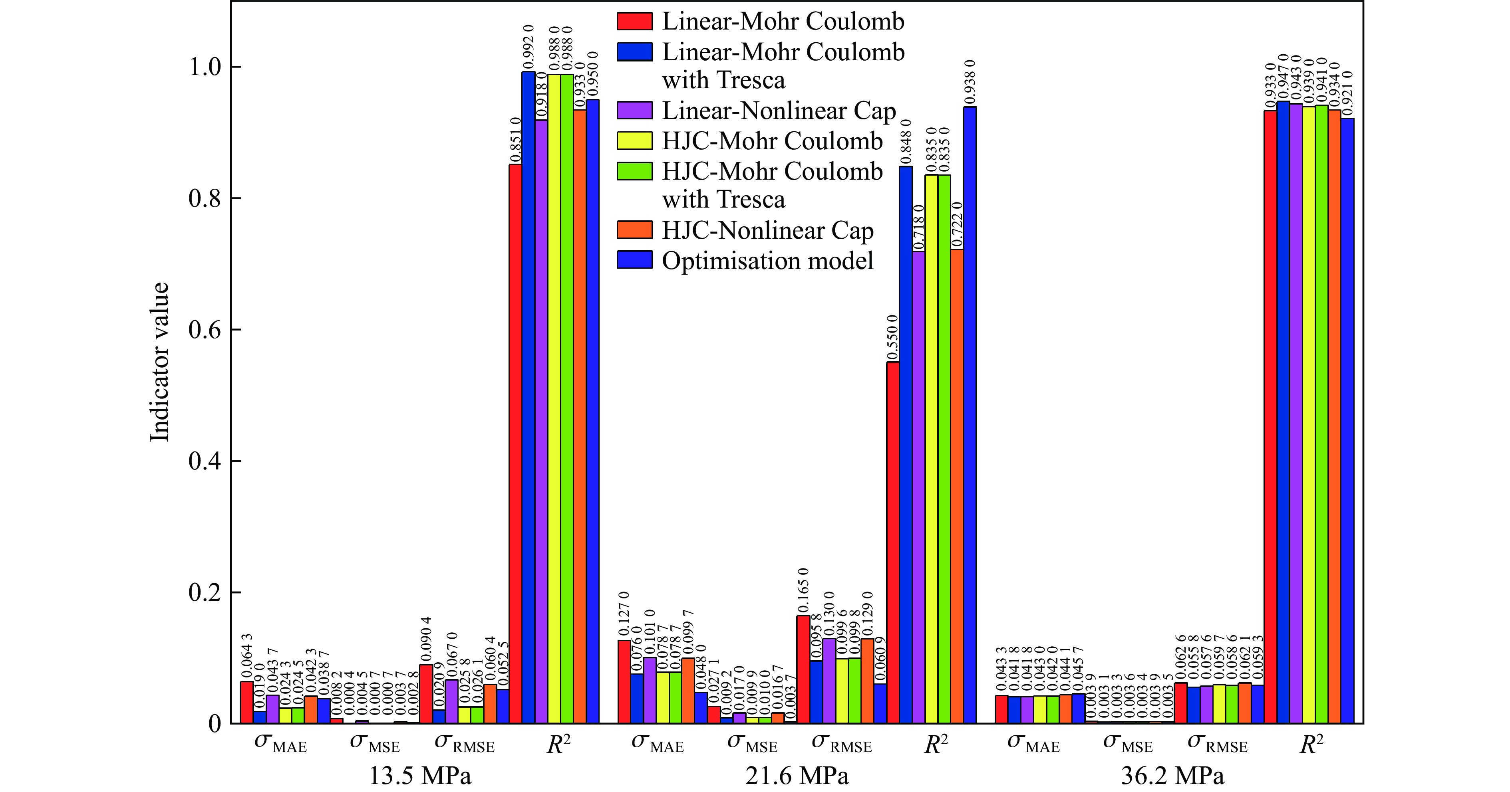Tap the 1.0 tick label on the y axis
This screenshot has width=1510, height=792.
pyautogui.click(x=205, y=67)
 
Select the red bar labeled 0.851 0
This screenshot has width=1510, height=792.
pyautogui.click(x=515, y=444)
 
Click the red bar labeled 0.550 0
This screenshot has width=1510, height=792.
pyautogui.click(x=893, y=543)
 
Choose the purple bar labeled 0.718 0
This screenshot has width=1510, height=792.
pyautogui.click(x=918, y=487)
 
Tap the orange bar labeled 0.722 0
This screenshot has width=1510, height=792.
pyautogui.click(x=957, y=486)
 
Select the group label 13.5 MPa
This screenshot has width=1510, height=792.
pyautogui.click(x=420, y=776)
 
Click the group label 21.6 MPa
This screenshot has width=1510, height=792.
pyautogui.click(x=797, y=776)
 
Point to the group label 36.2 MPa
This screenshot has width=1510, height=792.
pyautogui.click(x=1172, y=776)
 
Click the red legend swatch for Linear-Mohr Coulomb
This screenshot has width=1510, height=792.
pyautogui.click(x=634, y=21)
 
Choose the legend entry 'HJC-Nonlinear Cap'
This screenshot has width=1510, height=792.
pyautogui.click(x=767, y=230)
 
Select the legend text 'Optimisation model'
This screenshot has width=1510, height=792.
pyautogui.click(x=767, y=261)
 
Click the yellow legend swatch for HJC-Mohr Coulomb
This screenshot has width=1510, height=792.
pyautogui.click(x=634, y=141)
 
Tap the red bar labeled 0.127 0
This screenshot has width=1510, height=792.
pyautogui.click(x=624, y=682)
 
